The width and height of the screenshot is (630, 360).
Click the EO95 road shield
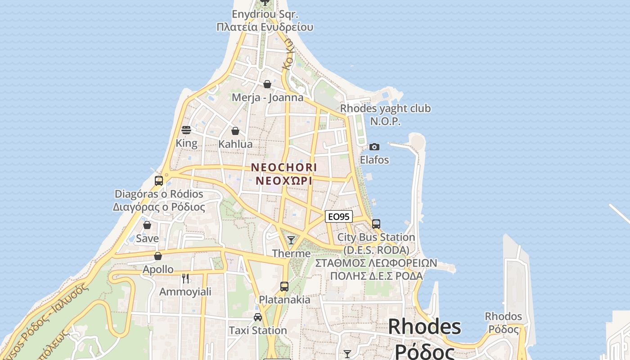click(x=338, y=216)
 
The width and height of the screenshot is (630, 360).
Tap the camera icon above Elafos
click(x=374, y=147)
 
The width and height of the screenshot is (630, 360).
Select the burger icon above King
click(x=186, y=130)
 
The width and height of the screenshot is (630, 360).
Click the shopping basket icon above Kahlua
click(x=235, y=131)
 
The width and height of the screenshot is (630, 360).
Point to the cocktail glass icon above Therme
click(x=291, y=240)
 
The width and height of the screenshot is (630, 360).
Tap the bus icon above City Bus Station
click(x=376, y=224)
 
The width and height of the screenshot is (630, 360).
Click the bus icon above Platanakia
click(x=284, y=286)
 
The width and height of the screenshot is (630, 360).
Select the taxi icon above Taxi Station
click(x=258, y=317)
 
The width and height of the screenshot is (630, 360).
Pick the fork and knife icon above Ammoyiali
click(x=185, y=278)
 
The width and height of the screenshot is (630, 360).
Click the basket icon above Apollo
click(x=158, y=256)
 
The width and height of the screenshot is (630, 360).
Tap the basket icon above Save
click(x=147, y=225)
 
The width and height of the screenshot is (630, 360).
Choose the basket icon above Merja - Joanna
click(x=267, y=84)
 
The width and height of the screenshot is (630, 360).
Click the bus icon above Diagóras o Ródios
click(x=159, y=181)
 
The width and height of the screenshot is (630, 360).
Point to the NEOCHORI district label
click(x=284, y=167)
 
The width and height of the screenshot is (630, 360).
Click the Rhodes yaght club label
click(x=385, y=108)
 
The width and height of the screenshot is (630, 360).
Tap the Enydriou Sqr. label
click(x=265, y=14)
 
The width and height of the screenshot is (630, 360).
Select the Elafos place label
click(x=374, y=160)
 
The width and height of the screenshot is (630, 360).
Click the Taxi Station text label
click(x=258, y=330)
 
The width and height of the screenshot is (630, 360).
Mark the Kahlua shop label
click(x=235, y=144)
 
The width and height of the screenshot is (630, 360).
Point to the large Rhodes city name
click(x=424, y=326)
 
